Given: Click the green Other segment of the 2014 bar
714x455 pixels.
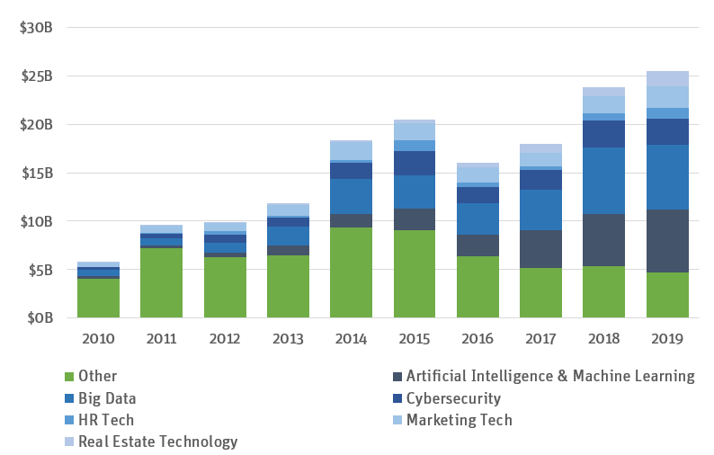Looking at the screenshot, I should [351, 272].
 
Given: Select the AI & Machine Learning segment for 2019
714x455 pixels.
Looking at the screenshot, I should [667, 241].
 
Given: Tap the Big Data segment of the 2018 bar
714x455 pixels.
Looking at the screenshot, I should [603, 181].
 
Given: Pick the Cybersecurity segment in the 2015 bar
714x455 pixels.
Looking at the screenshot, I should [415, 163].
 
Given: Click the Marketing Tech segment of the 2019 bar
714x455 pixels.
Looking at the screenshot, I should [667, 97].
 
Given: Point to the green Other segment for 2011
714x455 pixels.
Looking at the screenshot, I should [161, 282].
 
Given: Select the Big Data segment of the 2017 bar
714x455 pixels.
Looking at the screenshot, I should [540, 210].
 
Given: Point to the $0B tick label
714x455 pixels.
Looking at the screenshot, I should [40, 317].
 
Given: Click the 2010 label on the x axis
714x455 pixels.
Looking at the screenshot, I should [98, 339].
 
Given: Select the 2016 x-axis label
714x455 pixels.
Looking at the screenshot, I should [477, 339].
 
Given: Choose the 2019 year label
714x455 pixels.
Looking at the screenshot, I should [667, 339].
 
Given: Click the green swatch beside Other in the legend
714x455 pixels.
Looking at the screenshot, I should [68, 377].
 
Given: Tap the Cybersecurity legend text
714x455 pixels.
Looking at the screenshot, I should [453, 398].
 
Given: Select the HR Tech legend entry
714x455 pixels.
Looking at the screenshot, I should [106, 420].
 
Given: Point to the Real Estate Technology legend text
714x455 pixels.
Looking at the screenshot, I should [158, 442].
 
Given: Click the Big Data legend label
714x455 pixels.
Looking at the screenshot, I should [108, 398].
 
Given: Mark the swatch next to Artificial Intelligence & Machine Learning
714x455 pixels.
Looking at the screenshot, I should [397, 377].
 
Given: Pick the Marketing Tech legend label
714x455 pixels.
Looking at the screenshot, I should [459, 420].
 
